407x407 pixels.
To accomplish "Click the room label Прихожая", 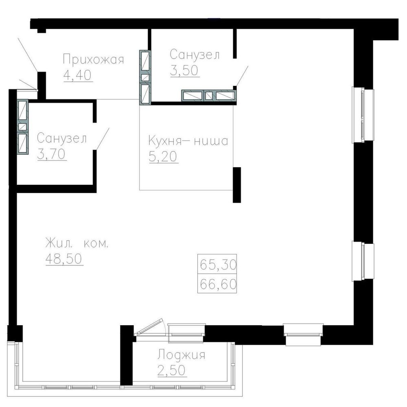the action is [94, 59].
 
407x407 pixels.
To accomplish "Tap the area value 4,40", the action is [78, 75].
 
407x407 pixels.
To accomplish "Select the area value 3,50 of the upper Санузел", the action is [184, 70].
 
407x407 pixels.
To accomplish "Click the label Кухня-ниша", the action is [188, 141].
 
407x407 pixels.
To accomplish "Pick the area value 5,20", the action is [163, 157].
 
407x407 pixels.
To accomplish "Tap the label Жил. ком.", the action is [77, 243].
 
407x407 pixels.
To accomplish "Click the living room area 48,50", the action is [64, 258].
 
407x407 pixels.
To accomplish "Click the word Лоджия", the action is [181, 355].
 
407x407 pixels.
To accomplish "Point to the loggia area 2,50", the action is [172, 370].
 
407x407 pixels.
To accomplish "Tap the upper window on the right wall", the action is [363, 115].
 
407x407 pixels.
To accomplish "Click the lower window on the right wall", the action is [363, 261].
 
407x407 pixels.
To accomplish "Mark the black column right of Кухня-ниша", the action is [236, 185].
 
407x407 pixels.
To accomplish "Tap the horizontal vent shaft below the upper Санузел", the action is [208, 96].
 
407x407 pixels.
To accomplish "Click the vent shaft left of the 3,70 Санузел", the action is [22, 127].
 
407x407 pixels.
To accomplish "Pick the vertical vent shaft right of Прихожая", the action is [145, 77].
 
